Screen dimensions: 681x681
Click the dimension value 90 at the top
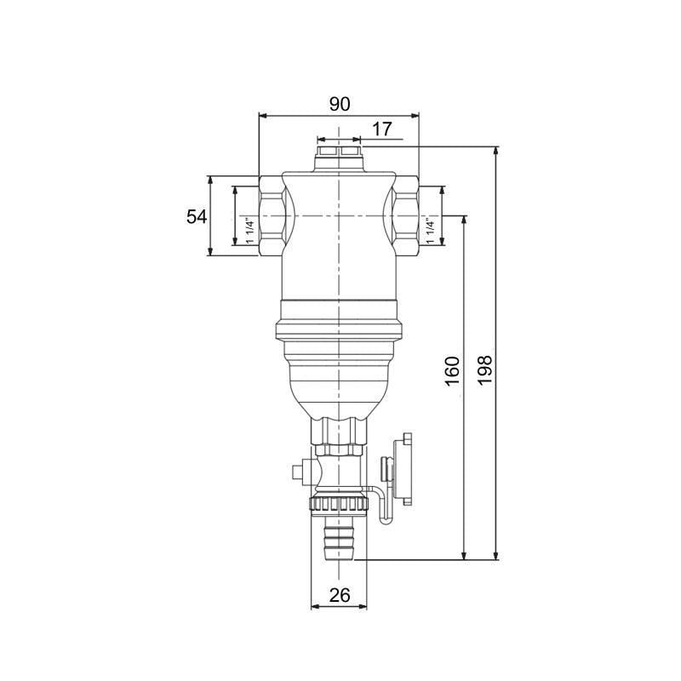339,104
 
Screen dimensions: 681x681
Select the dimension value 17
382,129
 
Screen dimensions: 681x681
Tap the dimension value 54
197,216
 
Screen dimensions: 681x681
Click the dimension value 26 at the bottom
339,596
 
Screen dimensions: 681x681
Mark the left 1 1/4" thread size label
249,231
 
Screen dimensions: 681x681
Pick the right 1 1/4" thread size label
431,231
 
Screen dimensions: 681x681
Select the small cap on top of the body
339,156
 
